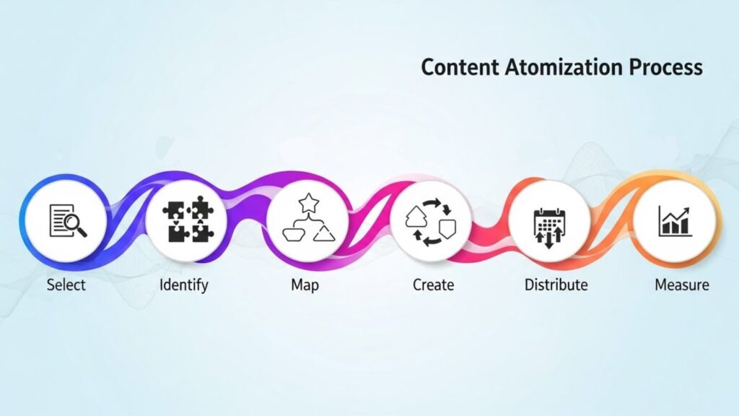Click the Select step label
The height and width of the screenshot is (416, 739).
coord(66,285)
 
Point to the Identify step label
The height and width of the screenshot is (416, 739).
coord(183,285)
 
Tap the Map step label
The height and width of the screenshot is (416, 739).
coord(305,285)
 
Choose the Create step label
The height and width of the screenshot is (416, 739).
coord(433,285)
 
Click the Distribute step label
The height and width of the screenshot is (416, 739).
coord(556,285)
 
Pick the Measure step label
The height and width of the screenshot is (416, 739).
coord(681,285)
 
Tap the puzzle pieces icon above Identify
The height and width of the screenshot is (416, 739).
coord(186,221)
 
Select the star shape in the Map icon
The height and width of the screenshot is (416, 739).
coord(308,202)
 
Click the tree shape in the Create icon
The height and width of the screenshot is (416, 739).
coord(417,214)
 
